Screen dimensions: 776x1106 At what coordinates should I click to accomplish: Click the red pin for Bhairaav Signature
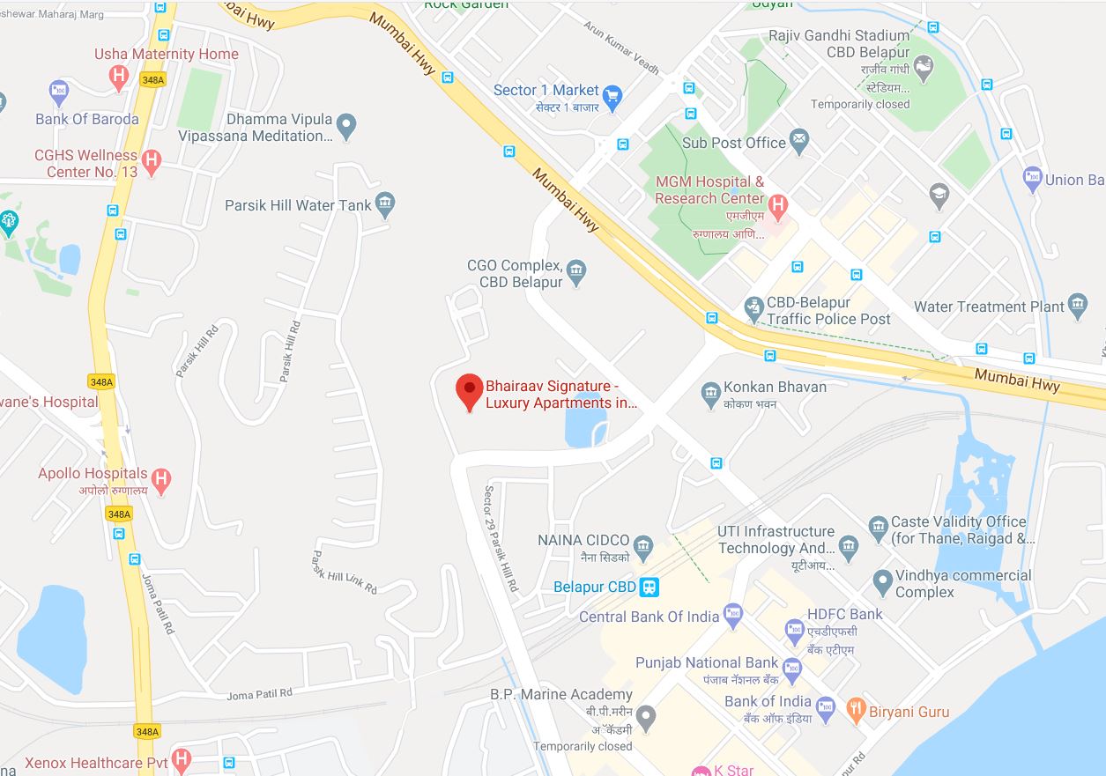[469, 390]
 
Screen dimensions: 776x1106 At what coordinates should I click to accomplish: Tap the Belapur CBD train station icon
[649, 587]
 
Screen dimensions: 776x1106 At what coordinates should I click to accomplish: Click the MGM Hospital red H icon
[777, 206]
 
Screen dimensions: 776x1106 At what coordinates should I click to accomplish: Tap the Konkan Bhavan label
[775, 387]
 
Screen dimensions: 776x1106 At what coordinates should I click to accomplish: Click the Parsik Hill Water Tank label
[298, 205]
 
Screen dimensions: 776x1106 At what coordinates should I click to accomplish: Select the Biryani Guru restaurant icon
[855, 710]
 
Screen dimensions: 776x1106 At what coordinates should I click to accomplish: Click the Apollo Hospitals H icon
[160, 480]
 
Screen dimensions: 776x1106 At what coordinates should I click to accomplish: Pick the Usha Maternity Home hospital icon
[118, 77]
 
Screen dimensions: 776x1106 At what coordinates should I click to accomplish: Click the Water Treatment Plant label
[989, 307]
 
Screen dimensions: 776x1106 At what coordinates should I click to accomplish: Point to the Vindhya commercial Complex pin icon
[881, 581]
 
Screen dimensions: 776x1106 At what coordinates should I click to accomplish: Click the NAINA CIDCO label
[583, 540]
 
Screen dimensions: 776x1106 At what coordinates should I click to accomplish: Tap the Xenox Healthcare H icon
[182, 758]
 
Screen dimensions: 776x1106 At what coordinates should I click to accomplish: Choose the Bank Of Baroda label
[87, 119]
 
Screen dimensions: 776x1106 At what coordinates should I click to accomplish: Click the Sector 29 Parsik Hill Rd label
[501, 537]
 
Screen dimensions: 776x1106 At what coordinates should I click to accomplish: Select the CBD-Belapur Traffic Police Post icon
[753, 308]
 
